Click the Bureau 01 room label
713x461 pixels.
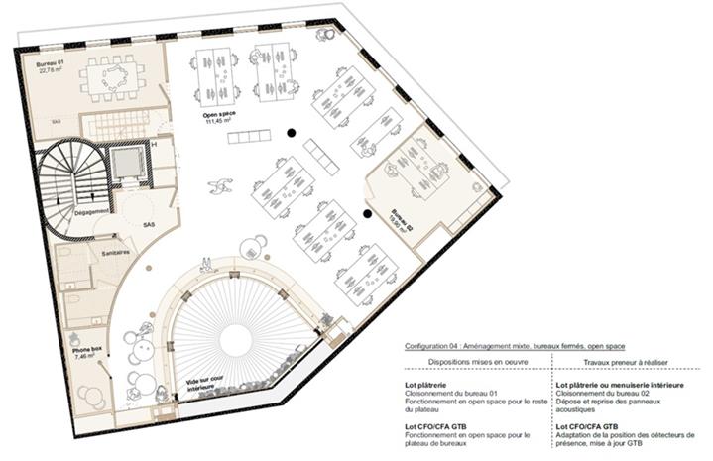(x=51, y=63)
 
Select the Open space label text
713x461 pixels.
(x=218, y=114)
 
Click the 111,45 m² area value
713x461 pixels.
(x=218, y=121)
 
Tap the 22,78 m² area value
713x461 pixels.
(x=51, y=71)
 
